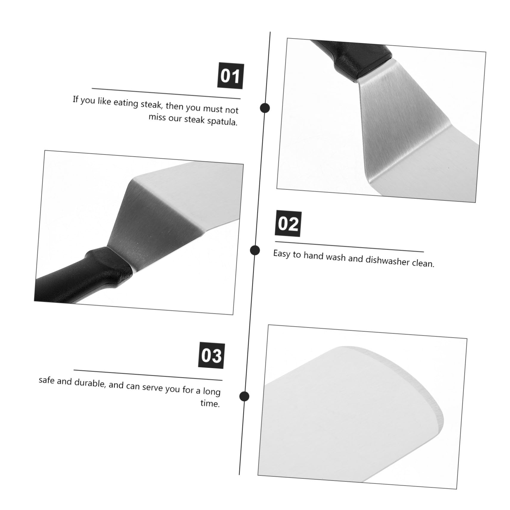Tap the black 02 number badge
tap(288, 224)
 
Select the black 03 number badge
tap(211, 356)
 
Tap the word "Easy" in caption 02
tap(282, 254)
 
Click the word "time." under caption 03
tap(210, 403)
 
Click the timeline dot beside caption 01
tap(265, 108)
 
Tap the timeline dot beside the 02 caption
tap(255, 250)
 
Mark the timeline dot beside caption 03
tap(244, 396)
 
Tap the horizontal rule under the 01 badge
tap(166, 93)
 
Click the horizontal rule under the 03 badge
tap(148, 375)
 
